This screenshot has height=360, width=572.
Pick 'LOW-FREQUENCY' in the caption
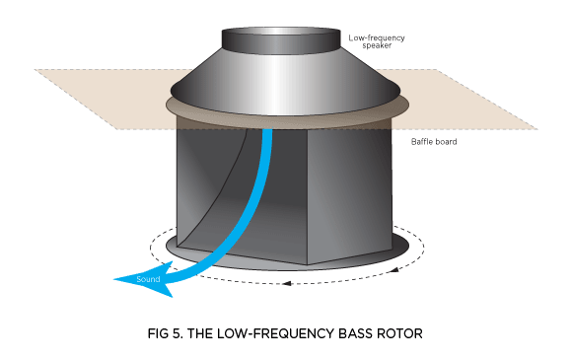click(271, 333)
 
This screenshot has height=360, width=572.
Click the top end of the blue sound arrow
click(266, 134)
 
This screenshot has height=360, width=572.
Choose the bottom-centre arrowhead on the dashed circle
click(285, 284)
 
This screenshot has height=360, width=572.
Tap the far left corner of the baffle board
click(35, 69)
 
